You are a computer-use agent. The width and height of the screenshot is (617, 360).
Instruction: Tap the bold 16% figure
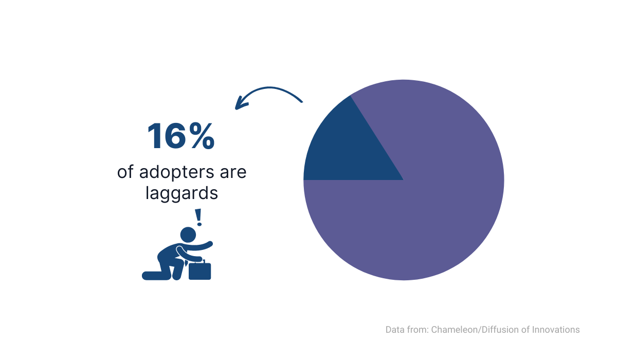181,136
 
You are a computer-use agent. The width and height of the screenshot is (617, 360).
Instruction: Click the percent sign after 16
203,136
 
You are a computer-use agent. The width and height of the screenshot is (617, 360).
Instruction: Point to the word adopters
176,173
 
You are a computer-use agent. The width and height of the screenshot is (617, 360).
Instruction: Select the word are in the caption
233,173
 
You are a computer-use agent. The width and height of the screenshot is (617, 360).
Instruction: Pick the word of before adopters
125,172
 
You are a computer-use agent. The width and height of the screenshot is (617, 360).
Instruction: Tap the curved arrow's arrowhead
241,103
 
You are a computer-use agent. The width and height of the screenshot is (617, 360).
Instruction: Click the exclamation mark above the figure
198,218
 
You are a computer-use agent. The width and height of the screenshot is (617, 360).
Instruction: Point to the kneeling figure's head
188,235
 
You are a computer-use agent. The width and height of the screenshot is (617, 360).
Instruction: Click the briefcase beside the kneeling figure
199,270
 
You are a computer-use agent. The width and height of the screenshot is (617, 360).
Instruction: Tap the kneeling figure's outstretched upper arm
198,246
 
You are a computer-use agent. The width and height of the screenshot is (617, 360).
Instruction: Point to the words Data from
407,330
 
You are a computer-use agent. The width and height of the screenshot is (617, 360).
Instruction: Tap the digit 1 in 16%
156,136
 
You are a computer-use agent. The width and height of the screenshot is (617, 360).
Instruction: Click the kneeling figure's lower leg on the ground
156,276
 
